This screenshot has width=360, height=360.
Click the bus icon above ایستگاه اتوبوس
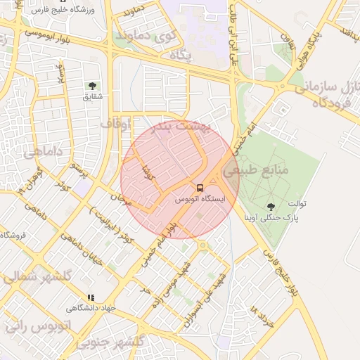[x=200, y=188]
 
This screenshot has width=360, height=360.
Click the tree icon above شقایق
[x=93, y=86]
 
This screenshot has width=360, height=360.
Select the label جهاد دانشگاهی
[x=90, y=308]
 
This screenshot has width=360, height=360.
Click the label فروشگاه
[x=13, y=235]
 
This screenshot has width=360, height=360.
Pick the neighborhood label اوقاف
[x=115, y=124]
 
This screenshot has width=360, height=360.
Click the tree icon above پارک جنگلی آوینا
[x=271, y=206]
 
